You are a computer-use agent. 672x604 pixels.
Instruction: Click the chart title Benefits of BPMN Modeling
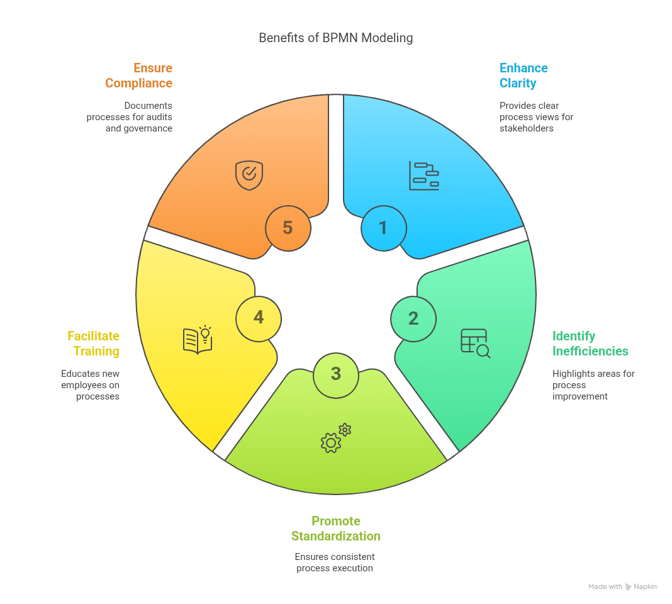click(335, 38)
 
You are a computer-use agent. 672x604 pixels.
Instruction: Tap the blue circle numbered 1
click(383, 228)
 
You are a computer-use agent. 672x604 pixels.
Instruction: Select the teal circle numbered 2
click(413, 318)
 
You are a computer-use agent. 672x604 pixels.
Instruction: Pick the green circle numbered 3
click(335, 374)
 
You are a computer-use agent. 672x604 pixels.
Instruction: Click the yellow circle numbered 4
click(259, 318)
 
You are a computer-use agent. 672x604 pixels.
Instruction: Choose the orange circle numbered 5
click(288, 228)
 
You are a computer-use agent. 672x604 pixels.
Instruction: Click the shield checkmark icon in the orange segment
click(249, 175)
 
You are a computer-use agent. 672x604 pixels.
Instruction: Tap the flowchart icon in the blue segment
click(423, 176)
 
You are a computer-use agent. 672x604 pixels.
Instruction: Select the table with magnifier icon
click(475, 343)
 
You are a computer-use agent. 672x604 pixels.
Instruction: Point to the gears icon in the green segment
click(335, 438)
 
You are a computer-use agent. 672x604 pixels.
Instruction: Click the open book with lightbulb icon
click(198, 340)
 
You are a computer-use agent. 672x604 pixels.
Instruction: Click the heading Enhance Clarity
click(523, 75)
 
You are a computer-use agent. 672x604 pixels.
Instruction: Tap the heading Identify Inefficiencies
click(590, 344)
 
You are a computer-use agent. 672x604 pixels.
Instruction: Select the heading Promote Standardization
click(335, 528)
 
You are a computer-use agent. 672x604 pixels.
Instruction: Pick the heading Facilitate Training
click(94, 344)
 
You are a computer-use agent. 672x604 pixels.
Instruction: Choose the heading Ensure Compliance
click(139, 75)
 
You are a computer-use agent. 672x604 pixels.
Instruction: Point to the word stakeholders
click(526, 128)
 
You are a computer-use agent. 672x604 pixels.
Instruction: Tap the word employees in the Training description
click(82, 385)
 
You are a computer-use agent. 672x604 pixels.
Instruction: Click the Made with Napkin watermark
click(622, 586)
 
